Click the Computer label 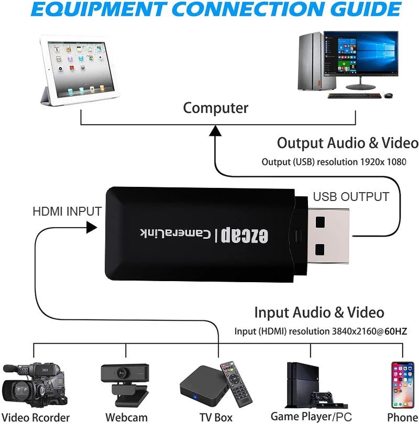pos(215,108)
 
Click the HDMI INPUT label pos(67,211)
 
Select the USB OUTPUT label pos(351,197)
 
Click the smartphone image pos(403,385)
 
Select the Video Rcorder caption pos(36,417)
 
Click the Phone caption pos(402,417)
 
